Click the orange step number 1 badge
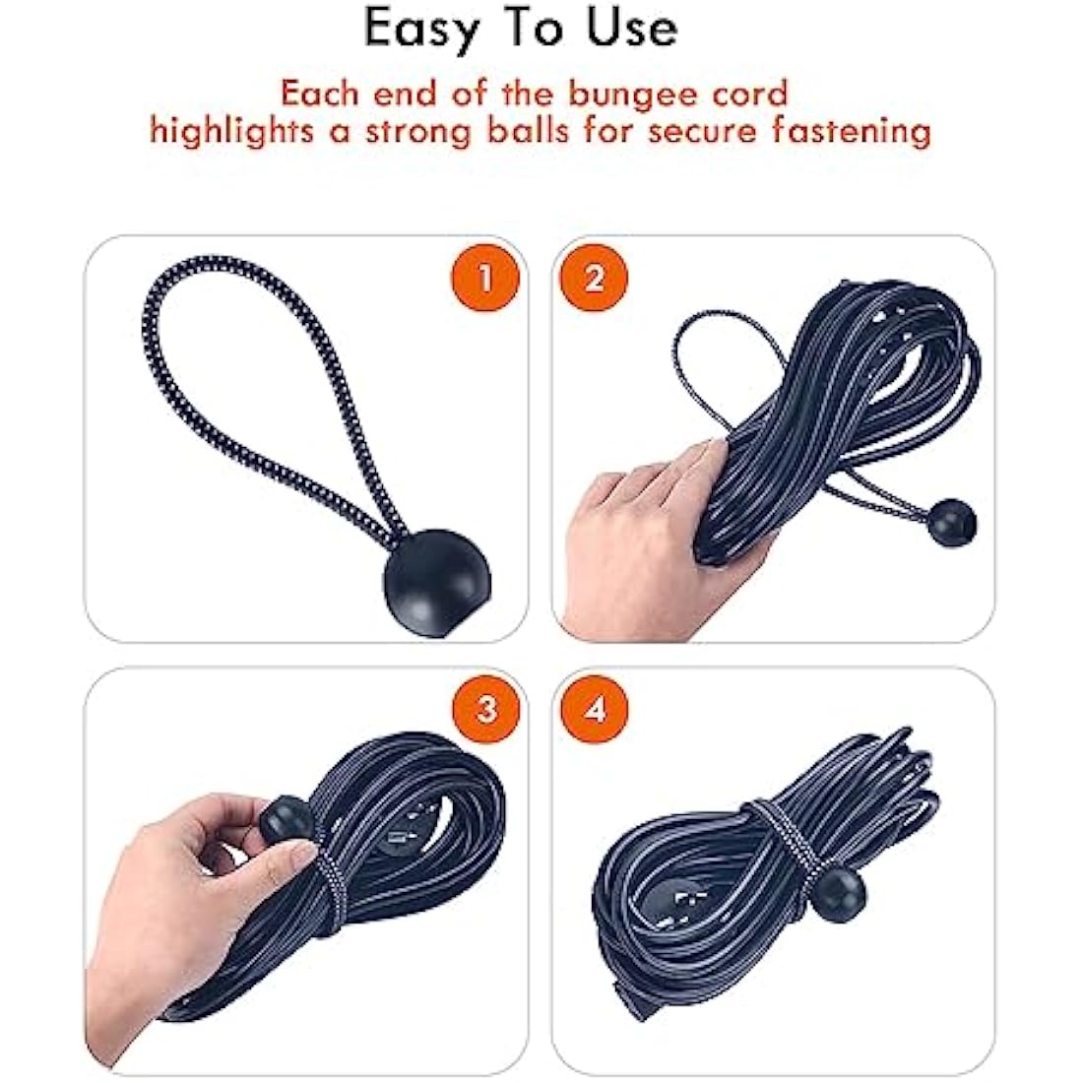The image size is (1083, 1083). click(483, 279)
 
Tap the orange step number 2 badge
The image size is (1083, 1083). click(594, 279)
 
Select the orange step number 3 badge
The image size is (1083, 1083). click(485, 709)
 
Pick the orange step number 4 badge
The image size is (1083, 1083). click(595, 709)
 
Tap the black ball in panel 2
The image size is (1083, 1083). click(952, 520)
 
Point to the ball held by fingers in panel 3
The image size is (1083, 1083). click(286, 819)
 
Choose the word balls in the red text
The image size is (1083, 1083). click(528, 131)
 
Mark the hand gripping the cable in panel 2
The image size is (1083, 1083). click(650, 532)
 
